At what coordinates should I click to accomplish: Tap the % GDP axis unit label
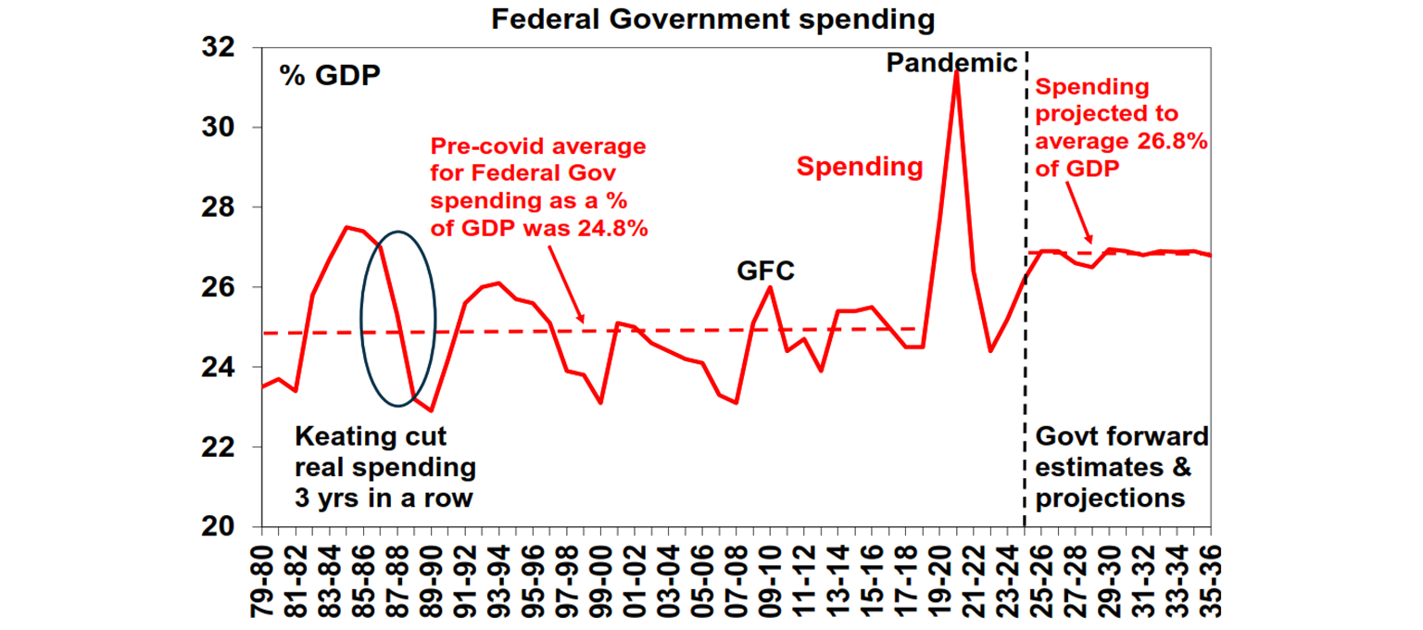(x=331, y=76)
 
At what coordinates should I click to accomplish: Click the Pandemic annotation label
(x=952, y=63)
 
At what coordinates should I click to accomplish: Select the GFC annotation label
(x=766, y=271)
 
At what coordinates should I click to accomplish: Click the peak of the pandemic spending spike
(x=956, y=72)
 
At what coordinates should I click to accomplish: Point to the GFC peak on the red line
(x=770, y=287)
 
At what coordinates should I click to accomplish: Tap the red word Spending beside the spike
(x=860, y=167)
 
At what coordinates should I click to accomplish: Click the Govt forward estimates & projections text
(x=1122, y=468)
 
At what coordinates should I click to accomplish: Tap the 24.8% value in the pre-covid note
(x=610, y=229)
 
